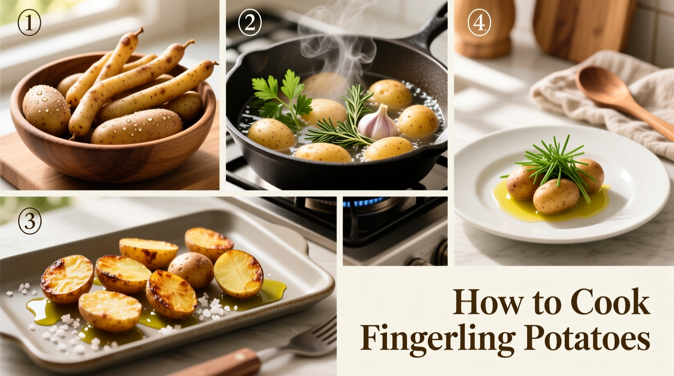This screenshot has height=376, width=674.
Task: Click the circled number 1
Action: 29,23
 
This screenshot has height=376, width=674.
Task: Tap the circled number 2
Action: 250,23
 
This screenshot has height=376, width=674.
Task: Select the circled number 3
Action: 30,222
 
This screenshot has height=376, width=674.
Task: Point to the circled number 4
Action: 479,23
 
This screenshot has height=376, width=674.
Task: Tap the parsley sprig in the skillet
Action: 279,95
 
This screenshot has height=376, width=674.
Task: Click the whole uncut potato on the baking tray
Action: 191,269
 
